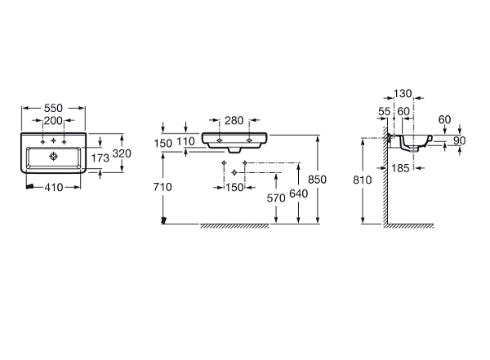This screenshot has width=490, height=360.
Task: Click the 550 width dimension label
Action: [x=53, y=108]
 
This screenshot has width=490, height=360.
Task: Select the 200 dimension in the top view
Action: [x=53, y=120]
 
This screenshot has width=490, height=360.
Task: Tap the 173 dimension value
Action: [x=100, y=158]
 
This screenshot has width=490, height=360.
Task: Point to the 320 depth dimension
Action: [x=122, y=153]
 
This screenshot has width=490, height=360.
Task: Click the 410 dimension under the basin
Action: [x=54, y=187]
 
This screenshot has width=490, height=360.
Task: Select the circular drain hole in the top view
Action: [x=53, y=156]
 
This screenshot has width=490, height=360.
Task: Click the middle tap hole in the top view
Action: [x=53, y=140]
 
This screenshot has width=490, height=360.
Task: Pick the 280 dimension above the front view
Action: [x=234, y=120]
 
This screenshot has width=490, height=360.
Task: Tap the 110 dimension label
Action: [x=185, y=141]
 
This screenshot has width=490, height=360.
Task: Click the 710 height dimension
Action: [x=163, y=187]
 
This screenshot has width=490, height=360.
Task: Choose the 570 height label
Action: [x=276, y=198]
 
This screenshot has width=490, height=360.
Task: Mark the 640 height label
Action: [x=299, y=193]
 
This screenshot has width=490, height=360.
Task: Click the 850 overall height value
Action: [x=317, y=180]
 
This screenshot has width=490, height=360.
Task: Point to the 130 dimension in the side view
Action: [x=403, y=93]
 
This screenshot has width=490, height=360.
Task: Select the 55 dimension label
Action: [x=385, y=112]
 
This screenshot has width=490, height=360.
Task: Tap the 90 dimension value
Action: [x=459, y=140]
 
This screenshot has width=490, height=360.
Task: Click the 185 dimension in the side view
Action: [x=400, y=168]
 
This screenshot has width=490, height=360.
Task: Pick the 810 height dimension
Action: [x=362, y=180]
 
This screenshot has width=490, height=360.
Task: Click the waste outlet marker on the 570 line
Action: [x=234, y=172]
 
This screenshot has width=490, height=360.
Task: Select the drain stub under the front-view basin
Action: [x=234, y=150]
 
